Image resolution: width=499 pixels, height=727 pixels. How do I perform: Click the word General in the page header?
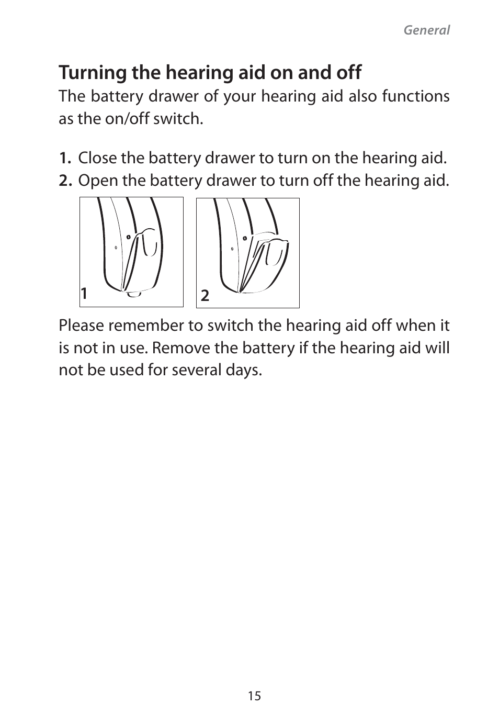click(426, 30)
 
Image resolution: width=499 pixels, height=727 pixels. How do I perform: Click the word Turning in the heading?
click(93, 73)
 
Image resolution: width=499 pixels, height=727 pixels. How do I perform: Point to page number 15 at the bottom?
click(254, 696)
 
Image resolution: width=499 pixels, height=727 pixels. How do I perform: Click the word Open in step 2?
click(97, 181)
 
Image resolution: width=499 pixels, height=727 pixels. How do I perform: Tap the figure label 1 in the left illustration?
click(84, 294)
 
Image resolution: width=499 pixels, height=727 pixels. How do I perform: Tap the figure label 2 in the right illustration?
click(205, 296)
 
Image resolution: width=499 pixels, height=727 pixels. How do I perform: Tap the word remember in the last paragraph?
click(146, 326)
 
